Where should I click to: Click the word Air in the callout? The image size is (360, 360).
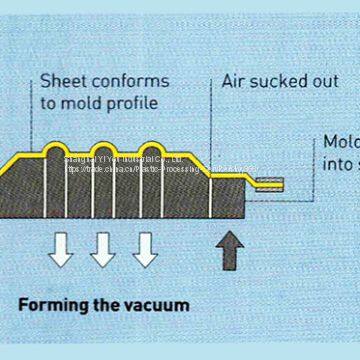234,80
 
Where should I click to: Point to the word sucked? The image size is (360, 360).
279,80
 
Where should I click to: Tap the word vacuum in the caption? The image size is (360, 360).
156,303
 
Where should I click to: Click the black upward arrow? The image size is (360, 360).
230,249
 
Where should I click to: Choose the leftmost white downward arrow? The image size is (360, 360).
61,249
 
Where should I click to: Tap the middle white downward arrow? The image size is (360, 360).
103,249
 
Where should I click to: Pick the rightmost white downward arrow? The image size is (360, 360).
145,249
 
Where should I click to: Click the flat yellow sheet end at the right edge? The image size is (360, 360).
269,184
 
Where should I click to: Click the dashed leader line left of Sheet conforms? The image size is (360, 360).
32,110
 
